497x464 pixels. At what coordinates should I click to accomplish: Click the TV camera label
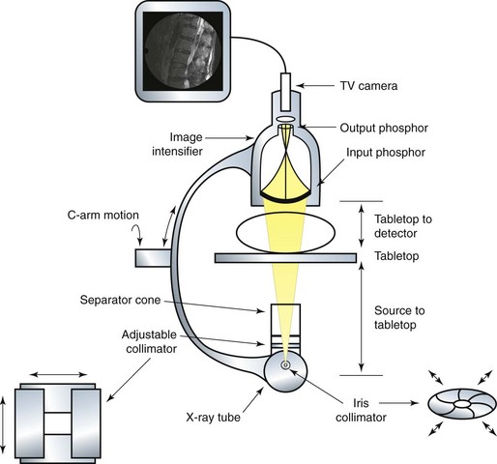coord(368,86)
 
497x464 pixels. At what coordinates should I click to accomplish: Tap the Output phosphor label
coord(384,128)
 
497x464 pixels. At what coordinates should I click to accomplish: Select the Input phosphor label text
coord(386,153)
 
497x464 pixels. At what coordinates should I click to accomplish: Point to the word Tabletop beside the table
coord(396,256)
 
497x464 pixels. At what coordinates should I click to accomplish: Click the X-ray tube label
coord(213,418)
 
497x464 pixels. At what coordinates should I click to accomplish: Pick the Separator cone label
coord(120,300)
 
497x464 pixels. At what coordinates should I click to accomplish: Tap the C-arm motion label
coord(103,215)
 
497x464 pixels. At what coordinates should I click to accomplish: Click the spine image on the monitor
coord(183,51)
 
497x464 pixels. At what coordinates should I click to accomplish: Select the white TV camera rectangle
coord(285,92)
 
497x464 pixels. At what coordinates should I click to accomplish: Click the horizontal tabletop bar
coord(285,258)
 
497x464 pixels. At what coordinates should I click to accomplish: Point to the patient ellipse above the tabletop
coord(285,232)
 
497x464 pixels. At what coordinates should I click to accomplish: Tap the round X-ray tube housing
coord(285,372)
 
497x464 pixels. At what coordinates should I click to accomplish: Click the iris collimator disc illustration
coord(462,404)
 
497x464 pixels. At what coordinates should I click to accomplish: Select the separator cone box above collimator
coord(285,319)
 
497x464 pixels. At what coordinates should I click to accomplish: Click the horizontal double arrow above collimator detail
coord(58,374)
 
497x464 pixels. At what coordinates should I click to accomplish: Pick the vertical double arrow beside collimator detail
coord(3,425)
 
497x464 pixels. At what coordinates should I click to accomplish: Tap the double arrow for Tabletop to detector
coord(362,226)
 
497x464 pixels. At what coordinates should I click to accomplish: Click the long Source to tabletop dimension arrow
coord(362,317)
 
